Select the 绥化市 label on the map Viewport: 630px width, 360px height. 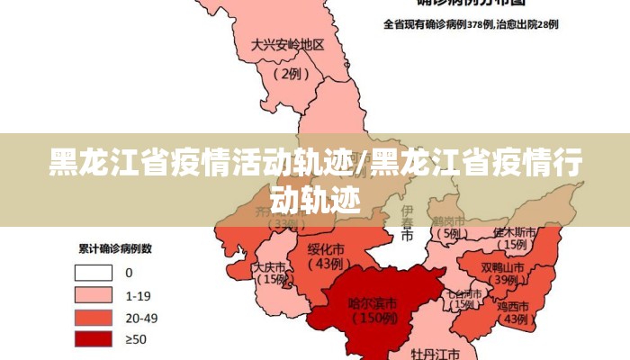pos(327,249)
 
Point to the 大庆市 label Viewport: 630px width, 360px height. pos(269,267)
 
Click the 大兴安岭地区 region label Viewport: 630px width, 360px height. pos(287,44)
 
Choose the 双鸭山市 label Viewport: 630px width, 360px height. pos(502,267)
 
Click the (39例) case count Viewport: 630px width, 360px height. pos(503,281)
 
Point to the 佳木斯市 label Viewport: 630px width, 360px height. pos(515,231)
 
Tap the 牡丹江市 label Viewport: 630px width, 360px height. pos(436,353)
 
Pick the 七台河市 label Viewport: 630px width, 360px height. pos(465,292)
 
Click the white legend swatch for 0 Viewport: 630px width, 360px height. pos(94,272)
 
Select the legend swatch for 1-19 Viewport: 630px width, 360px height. pos(94,294)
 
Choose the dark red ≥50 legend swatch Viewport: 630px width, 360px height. pos(94,338)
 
